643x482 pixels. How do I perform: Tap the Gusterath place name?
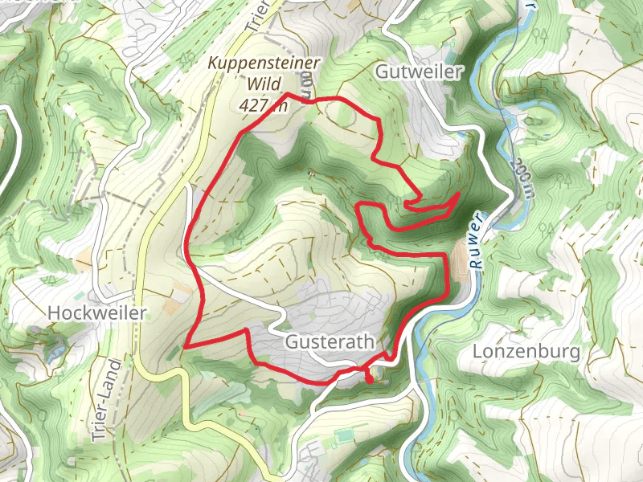point(330,341)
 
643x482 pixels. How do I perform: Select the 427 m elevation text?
point(262,104)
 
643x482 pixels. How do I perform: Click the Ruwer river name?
point(477,240)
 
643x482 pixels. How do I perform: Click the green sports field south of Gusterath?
point(345,435)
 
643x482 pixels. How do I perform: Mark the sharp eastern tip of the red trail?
point(458,194)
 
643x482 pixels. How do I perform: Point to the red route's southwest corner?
point(186,346)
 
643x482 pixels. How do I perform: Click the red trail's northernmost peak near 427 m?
point(288,95)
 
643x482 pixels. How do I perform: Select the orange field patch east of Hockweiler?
point(171,306)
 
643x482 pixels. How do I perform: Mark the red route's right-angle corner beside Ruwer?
point(444,255)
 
